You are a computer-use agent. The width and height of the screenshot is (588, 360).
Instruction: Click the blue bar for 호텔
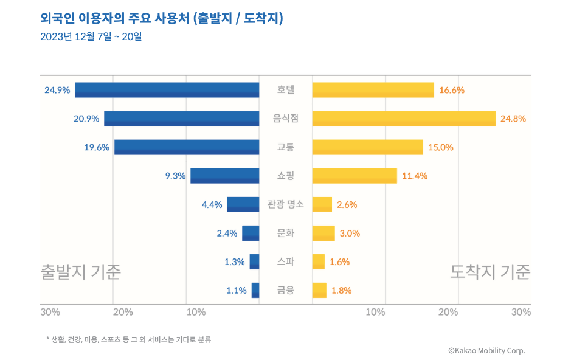167,90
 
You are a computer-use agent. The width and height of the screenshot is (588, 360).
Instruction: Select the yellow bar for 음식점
404,119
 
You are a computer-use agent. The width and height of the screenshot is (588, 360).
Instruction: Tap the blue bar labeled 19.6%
187,147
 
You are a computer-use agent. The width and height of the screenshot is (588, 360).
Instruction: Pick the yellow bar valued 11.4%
355,176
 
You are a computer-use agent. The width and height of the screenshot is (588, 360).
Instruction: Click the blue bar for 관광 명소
243,204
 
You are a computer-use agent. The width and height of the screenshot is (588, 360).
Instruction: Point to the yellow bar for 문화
323,233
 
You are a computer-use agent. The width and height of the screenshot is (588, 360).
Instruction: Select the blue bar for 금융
255,290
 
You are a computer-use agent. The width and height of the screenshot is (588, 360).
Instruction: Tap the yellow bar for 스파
319,261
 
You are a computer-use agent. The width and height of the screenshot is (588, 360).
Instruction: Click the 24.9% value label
57,90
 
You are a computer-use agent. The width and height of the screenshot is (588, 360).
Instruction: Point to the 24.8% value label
513,119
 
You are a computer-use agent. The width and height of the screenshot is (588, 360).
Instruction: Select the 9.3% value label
175,176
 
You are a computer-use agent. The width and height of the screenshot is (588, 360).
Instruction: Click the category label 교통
286,147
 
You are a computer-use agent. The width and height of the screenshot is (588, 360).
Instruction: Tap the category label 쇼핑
286,176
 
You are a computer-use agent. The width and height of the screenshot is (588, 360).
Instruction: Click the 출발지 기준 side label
81,272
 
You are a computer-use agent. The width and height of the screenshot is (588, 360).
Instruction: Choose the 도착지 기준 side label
490,272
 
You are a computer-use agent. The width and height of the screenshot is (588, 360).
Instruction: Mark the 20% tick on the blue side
123,312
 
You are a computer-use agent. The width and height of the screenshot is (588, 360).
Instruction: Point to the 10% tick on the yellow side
376,312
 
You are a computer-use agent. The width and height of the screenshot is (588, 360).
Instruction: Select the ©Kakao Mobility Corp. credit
486,350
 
